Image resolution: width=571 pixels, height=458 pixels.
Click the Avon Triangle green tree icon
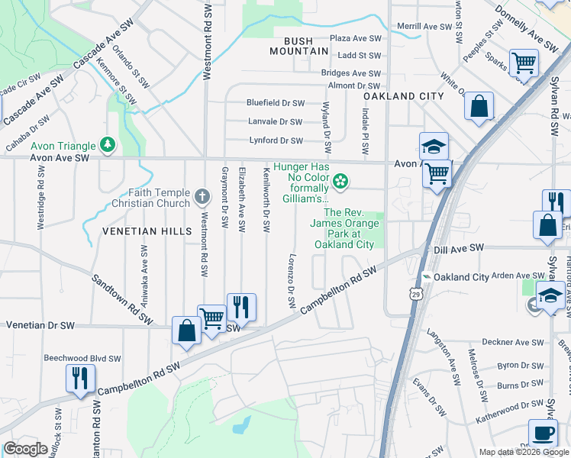(x=108, y=144)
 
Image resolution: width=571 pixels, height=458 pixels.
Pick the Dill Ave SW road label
(x=459, y=248)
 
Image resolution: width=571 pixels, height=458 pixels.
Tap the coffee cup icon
(x=543, y=434)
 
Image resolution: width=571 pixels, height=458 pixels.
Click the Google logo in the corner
(x=25, y=449)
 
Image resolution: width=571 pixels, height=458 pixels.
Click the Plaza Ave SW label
(x=355, y=38)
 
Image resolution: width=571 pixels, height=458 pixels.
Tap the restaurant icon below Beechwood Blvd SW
(x=80, y=378)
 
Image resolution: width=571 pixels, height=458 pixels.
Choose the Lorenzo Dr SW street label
(x=291, y=281)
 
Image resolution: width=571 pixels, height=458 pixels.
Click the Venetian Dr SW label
(x=40, y=325)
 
